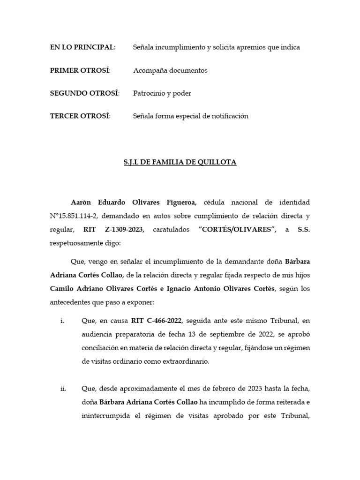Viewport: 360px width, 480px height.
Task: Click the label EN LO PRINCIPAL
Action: point(82,47)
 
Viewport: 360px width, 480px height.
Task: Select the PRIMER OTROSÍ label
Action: point(80,70)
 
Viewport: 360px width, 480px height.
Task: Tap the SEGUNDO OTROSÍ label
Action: point(84,93)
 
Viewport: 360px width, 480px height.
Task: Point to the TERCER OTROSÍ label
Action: point(80,116)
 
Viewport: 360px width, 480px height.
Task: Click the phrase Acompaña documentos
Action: point(170,70)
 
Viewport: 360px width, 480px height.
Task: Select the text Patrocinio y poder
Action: point(162,93)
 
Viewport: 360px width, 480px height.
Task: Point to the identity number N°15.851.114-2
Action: point(78,216)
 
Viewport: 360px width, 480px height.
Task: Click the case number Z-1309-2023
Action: point(124,230)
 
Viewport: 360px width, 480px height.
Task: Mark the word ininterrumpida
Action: point(103,416)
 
